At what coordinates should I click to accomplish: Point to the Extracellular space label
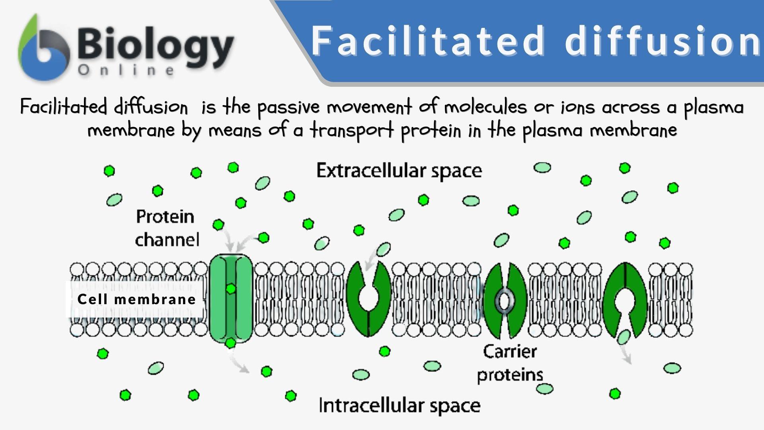(399, 171)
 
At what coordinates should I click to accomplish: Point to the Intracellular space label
(400, 406)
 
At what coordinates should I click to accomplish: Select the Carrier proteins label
(510, 363)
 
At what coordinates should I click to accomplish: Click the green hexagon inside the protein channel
(230, 289)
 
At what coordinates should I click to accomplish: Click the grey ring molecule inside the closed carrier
(505, 300)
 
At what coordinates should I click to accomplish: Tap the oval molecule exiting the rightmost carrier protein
(624, 337)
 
